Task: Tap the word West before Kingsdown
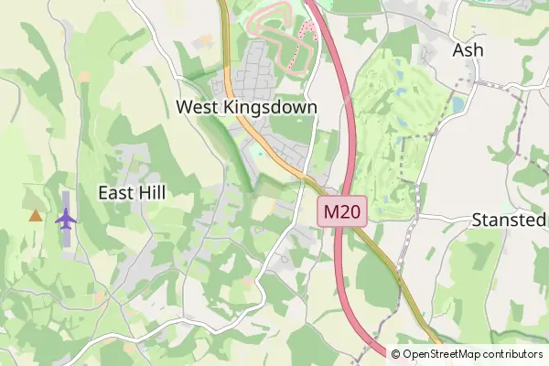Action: (x=195, y=107)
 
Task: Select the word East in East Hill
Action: (x=116, y=192)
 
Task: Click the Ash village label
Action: (x=468, y=50)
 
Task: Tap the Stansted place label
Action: (x=508, y=220)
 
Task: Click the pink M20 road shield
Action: (x=343, y=212)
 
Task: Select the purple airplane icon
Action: (x=66, y=219)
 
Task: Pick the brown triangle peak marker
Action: (x=35, y=216)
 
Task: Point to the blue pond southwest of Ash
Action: (x=457, y=105)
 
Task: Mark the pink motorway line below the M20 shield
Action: (x=341, y=265)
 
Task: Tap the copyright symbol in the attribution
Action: (x=396, y=354)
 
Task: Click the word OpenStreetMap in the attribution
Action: (x=441, y=354)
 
